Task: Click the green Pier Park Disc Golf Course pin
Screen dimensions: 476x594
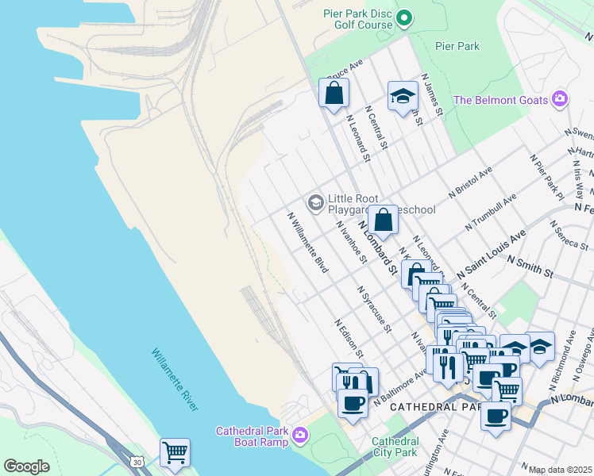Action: click(x=404, y=17)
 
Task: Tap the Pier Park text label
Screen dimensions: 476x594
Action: click(x=457, y=46)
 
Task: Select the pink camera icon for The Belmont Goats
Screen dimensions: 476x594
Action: click(x=560, y=98)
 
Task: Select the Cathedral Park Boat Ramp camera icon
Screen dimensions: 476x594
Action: click(x=300, y=435)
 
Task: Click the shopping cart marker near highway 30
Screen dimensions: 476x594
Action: click(x=175, y=453)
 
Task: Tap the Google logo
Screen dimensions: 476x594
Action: click(x=26, y=466)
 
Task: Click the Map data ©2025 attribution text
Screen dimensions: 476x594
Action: click(x=560, y=470)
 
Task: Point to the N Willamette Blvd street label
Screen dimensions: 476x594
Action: click(x=308, y=242)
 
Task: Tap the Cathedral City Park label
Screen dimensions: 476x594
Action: click(x=395, y=447)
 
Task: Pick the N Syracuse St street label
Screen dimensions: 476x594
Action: click(x=375, y=309)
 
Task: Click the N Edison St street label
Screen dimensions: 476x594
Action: click(x=349, y=338)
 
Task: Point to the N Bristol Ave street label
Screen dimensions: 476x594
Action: click(x=470, y=181)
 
